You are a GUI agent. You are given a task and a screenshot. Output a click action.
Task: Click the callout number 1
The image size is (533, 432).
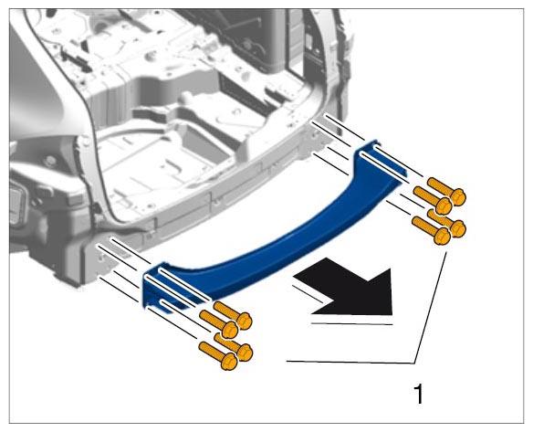(x=419, y=394)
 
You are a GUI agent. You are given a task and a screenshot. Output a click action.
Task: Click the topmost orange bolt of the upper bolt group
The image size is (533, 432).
(x=446, y=192)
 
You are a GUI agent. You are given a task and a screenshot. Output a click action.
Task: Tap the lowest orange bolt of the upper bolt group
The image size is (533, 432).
(x=432, y=231)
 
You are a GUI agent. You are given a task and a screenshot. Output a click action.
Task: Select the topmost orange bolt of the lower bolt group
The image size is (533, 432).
(x=234, y=315)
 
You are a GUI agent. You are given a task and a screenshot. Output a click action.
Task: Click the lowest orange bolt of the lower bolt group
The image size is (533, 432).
(x=218, y=356)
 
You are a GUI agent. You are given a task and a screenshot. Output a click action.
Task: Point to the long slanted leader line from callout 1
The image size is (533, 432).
(x=431, y=308)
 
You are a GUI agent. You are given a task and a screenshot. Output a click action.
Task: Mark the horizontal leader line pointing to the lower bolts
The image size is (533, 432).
(x=350, y=363)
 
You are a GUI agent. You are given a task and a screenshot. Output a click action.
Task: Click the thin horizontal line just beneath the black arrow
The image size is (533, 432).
(x=352, y=323)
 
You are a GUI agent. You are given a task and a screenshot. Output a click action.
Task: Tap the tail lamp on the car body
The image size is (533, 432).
(x=17, y=204)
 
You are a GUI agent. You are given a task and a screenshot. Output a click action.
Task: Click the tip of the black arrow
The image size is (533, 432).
(x=392, y=314)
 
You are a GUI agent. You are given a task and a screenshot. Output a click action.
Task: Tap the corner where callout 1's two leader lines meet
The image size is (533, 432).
(x=414, y=363)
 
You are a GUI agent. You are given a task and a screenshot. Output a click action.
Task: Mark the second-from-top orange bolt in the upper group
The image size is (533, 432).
(x=433, y=201)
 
